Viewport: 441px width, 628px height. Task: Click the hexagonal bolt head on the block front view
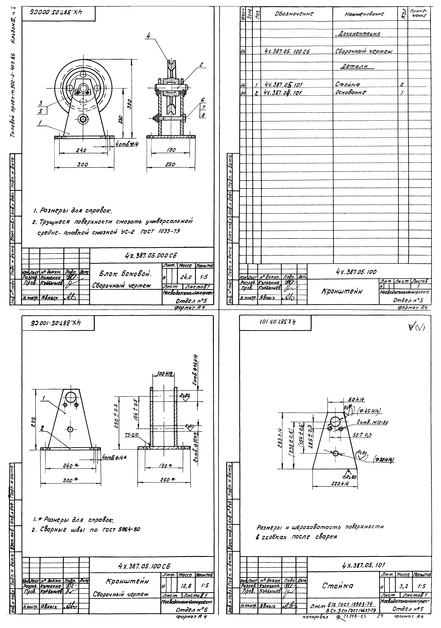[82, 119]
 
